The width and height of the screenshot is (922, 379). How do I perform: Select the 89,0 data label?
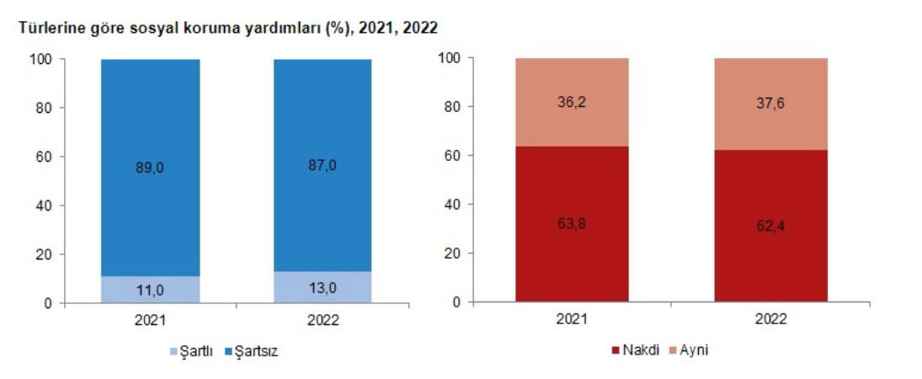click(x=150, y=168)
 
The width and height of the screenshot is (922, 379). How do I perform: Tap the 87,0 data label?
click(x=323, y=165)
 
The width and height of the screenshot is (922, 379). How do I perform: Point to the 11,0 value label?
click(x=150, y=290)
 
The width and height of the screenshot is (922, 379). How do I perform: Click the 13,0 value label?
click(x=323, y=287)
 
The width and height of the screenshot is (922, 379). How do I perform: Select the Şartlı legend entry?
click(x=195, y=351)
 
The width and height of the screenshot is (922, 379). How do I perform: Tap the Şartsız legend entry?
click(x=251, y=351)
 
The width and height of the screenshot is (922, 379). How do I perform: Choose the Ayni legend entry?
click(x=689, y=350)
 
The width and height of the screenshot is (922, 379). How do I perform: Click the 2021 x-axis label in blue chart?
click(x=150, y=321)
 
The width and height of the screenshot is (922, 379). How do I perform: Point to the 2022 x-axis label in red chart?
click(x=771, y=320)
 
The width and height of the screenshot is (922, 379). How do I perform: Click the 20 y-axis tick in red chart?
click(x=454, y=254)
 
